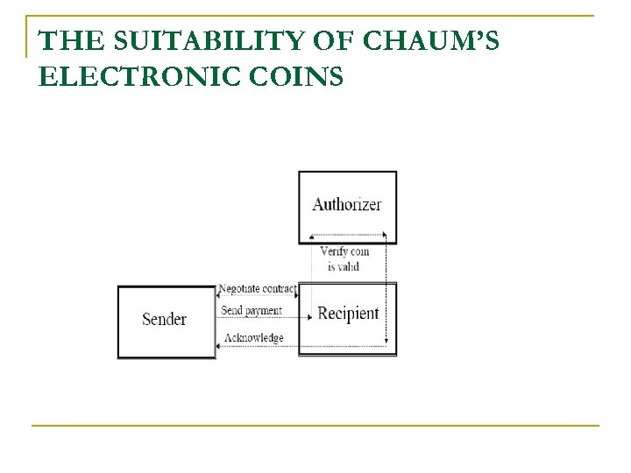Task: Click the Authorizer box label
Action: (347, 204)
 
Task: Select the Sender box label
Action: (164, 318)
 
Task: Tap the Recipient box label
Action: (348, 313)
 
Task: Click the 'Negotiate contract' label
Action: (258, 288)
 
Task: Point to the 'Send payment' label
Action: (252, 310)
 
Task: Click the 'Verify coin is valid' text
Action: (344, 258)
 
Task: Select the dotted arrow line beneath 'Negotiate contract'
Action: (258, 296)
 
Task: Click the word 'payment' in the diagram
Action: (264, 310)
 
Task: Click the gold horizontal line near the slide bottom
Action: (315, 426)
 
